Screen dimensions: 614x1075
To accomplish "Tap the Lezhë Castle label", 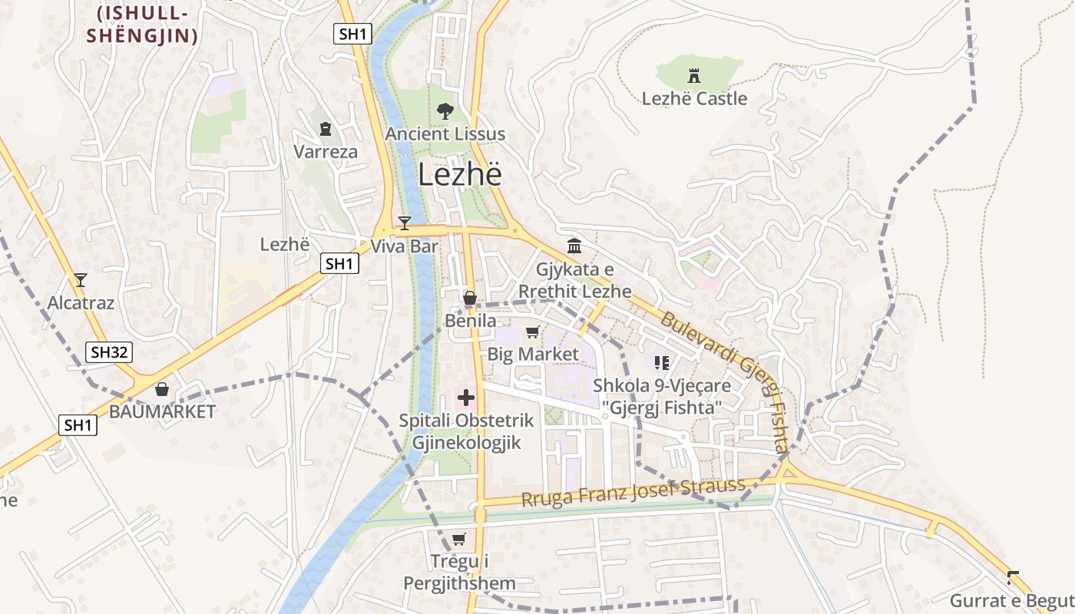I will [694, 98].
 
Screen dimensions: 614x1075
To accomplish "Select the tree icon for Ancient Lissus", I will [444, 111].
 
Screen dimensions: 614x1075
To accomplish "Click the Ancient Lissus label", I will [445, 134].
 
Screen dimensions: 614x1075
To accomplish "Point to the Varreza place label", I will [326, 151].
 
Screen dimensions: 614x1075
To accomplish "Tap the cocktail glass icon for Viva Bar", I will [405, 223].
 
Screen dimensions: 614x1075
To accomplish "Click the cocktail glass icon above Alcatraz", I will [81, 280].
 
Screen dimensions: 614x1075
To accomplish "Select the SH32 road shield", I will [109, 352].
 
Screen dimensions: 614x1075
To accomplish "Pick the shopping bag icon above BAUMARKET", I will [162, 389].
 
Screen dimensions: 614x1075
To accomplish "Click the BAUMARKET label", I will [163, 411].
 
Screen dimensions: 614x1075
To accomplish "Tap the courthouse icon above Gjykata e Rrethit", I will [574, 246].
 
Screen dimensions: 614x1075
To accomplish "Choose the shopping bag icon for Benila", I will [470, 298].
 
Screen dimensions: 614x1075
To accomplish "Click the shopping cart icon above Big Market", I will [532, 332].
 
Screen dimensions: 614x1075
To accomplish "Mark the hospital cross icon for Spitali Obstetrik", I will [466, 398].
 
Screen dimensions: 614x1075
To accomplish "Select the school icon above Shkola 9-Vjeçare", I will [661, 362].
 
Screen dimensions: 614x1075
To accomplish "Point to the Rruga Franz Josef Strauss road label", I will [633, 492].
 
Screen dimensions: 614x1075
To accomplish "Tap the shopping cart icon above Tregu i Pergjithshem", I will [459, 539].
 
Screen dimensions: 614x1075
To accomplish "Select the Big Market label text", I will [533, 354].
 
